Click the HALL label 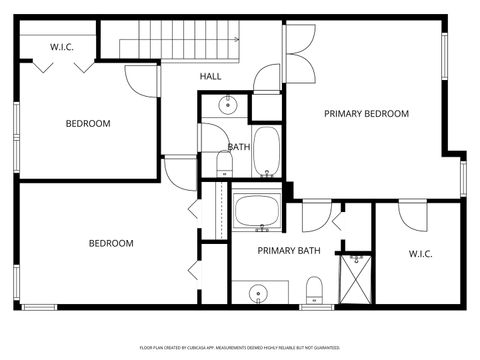click(210, 76)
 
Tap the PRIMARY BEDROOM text click(366, 114)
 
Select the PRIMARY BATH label click(289, 251)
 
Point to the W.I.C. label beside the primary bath click(420, 254)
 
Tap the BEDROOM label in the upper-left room click(88, 124)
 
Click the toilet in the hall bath click(224, 163)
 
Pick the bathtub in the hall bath click(267, 151)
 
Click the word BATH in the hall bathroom click(239, 147)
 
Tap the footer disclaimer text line click(240, 347)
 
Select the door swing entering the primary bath click(316, 216)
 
